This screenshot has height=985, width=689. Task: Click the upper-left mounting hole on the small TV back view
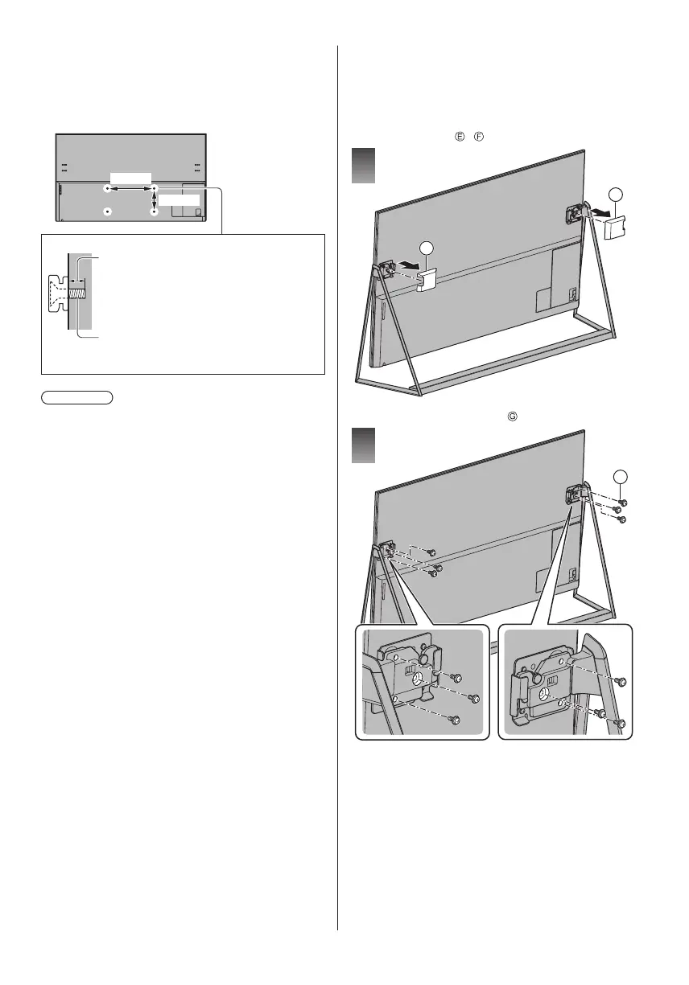pyautogui.click(x=108, y=189)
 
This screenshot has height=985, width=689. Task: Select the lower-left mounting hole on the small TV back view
pyautogui.click(x=108, y=211)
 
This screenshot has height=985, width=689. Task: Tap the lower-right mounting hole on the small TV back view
pyautogui.click(x=154, y=211)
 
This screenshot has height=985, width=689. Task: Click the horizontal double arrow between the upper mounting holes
pyautogui.click(x=130, y=189)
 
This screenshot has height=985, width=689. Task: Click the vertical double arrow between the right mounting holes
pyautogui.click(x=154, y=200)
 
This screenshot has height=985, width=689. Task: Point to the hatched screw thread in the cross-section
pyautogui.click(x=76, y=294)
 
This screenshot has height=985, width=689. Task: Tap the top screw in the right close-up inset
pyautogui.click(x=622, y=681)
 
